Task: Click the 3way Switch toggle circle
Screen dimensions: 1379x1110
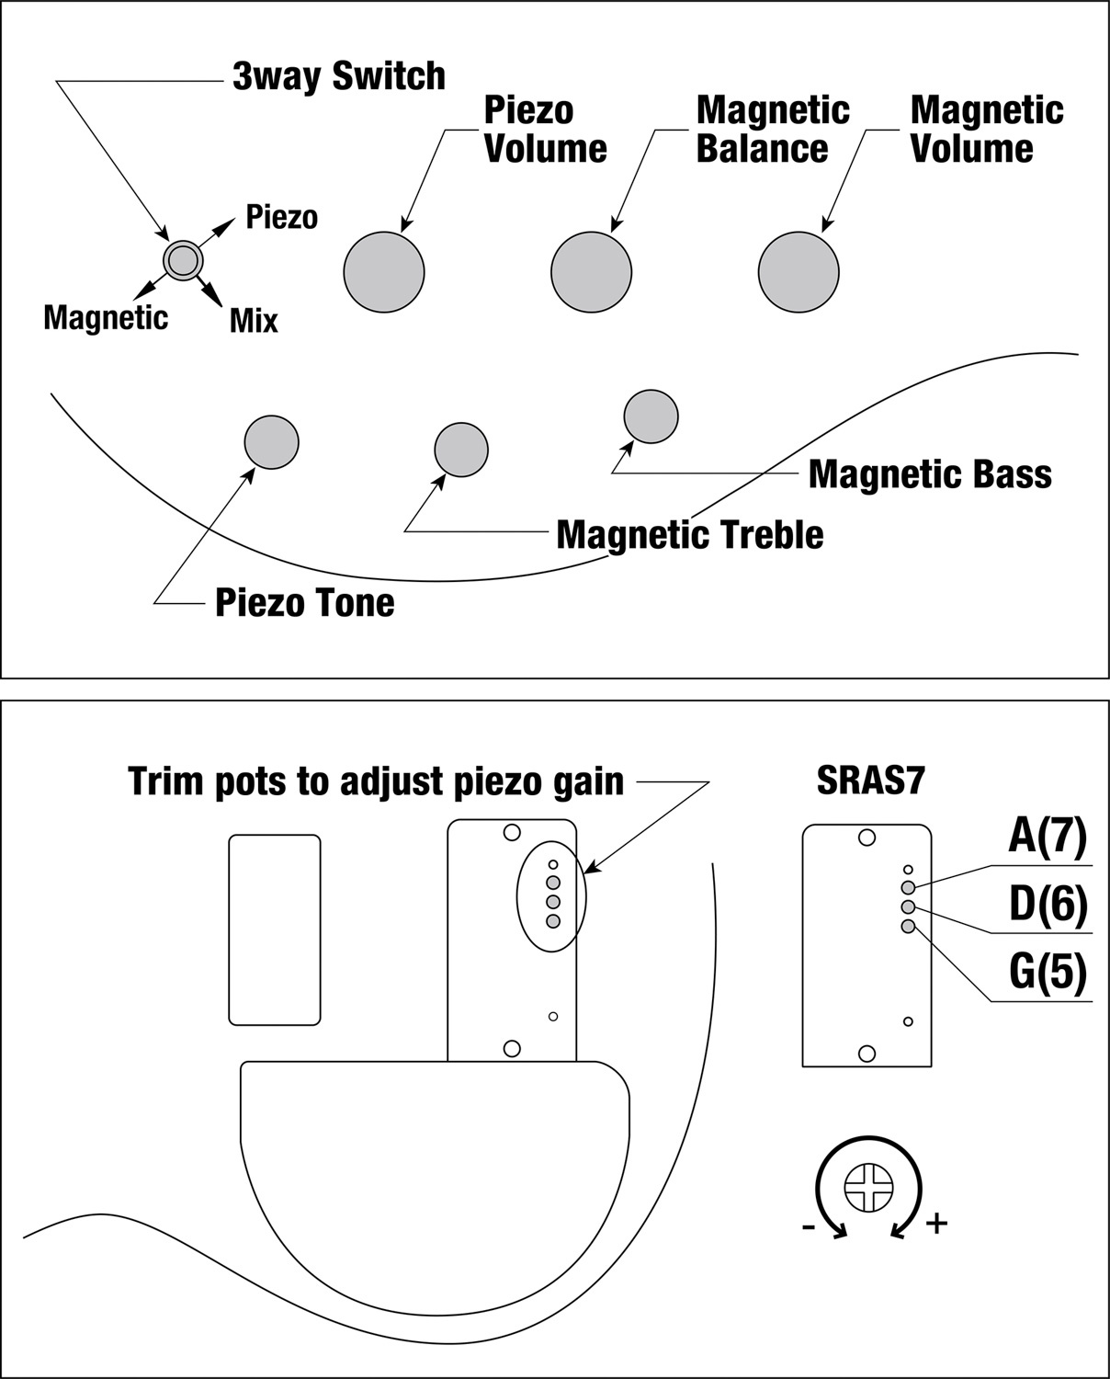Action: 181,260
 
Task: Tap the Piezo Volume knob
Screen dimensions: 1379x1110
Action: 384,272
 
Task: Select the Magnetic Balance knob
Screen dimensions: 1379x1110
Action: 592,272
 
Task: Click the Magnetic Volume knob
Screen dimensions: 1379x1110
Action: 799,272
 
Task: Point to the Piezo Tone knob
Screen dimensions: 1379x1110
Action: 272,442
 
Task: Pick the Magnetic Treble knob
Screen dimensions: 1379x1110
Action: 461,450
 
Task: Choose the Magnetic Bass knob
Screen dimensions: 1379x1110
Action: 651,416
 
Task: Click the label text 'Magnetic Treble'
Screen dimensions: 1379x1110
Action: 689,535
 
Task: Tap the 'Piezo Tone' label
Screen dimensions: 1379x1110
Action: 304,603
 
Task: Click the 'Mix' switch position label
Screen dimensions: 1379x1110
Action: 254,321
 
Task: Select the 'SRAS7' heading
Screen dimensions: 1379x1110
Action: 870,781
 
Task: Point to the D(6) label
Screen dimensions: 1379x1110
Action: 1048,905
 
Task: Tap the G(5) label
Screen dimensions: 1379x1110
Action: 1048,972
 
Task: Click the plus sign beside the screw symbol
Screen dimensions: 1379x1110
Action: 936,1224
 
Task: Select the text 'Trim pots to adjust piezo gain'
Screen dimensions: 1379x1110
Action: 376,781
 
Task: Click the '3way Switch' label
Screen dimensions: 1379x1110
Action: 338,76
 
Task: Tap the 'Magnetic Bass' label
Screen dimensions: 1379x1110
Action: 930,474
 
